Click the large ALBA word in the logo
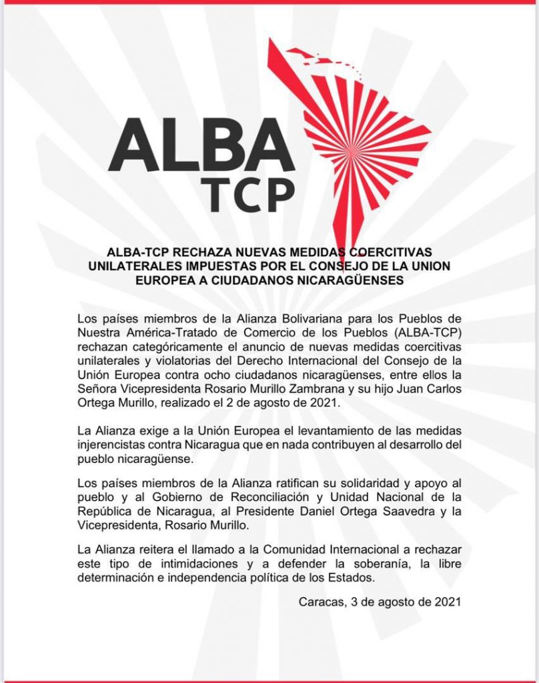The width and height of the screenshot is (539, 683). pyautogui.click(x=201, y=146)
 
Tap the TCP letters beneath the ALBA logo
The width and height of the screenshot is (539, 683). pyautogui.click(x=250, y=190)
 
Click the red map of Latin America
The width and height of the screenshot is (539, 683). pyautogui.click(x=360, y=127)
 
